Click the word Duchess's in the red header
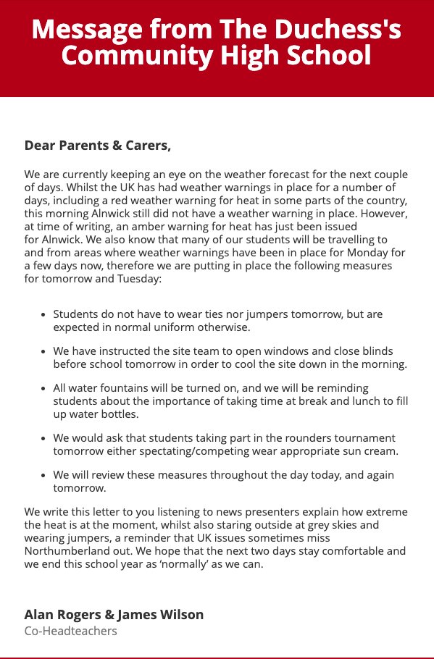tap(340, 30)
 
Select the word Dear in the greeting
tap(41, 146)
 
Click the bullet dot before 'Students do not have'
tap(44, 315)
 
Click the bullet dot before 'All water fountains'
tap(44, 389)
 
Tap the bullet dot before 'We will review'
tap(44, 475)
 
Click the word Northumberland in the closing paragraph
tap(62, 551)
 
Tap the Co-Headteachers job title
tap(70, 631)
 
